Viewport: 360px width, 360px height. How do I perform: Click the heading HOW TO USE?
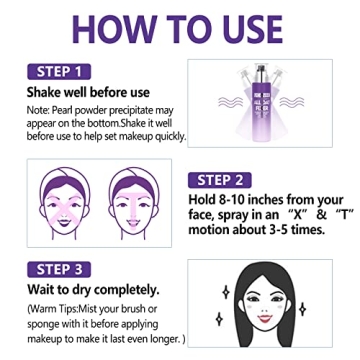pyautogui.click(x=180, y=28)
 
